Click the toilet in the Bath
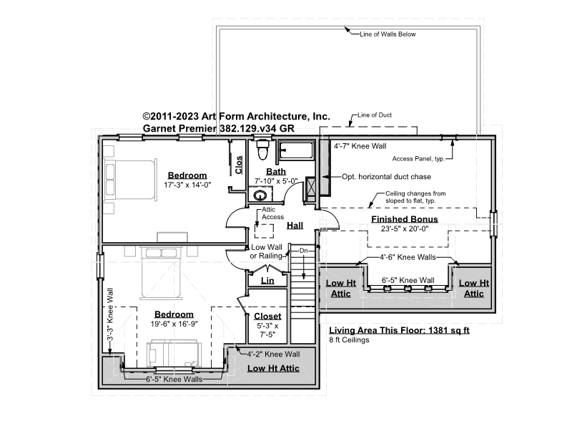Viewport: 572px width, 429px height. (262, 150)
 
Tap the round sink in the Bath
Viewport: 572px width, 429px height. (260, 196)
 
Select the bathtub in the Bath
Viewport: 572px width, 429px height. (296, 150)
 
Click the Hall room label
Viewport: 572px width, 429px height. (295, 226)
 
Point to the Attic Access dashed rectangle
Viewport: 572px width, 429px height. (264, 231)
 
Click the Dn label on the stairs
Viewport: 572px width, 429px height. (303, 251)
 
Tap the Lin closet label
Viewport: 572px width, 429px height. (267, 281)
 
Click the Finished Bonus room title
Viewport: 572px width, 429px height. (405, 219)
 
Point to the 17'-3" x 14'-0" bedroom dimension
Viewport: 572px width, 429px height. (187, 185)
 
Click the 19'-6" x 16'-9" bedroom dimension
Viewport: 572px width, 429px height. (174, 324)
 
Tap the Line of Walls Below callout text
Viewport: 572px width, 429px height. (388, 34)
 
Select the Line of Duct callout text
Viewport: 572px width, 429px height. (375, 115)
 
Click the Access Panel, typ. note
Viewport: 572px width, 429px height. (418, 158)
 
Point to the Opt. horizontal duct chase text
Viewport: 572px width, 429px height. (386, 177)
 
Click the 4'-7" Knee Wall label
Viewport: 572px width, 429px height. (360, 146)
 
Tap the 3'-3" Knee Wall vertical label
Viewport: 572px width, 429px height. (110, 315)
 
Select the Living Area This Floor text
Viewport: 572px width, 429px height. (400, 330)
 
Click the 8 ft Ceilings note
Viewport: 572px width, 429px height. (349, 340)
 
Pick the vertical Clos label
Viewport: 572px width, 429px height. (239, 165)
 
